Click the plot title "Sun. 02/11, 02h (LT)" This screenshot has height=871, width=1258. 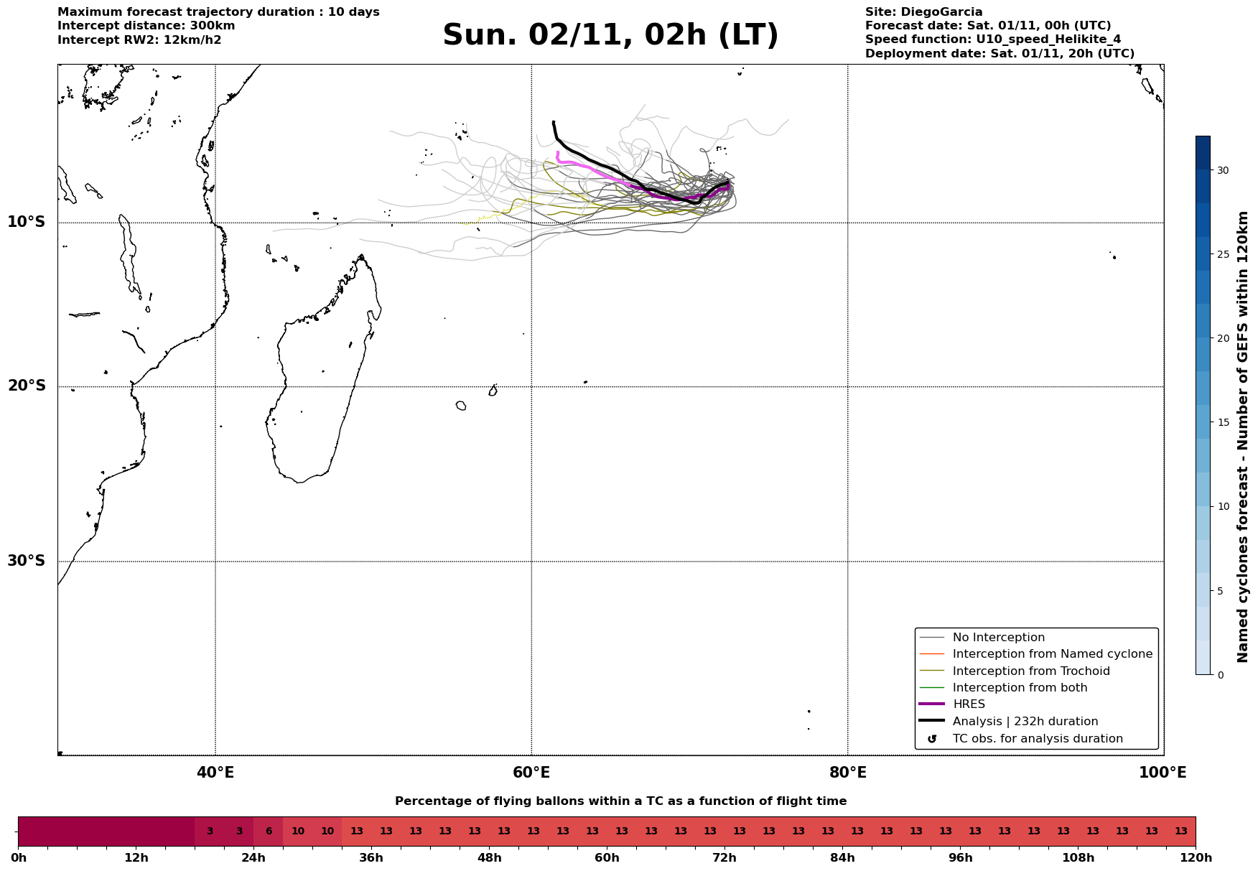tap(610, 35)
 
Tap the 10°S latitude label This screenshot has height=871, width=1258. tap(27, 222)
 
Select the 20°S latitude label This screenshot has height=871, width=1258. tap(27, 386)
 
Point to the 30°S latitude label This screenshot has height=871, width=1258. tap(27, 561)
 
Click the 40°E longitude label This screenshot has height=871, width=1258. tap(215, 773)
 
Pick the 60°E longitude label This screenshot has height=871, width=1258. tap(531, 773)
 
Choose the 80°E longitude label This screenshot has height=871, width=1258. tap(847, 773)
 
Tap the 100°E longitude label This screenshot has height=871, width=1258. tap(1163, 773)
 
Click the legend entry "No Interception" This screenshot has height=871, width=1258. tap(998, 638)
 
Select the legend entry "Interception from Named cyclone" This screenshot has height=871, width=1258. tap(1052, 654)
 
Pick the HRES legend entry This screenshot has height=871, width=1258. tap(969, 704)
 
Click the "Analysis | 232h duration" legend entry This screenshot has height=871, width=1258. tap(1025, 722)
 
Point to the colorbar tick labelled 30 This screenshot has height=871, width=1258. tap(1222, 170)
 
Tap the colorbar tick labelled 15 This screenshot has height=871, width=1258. tap(1222, 422)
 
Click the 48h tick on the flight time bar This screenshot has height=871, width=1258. tap(489, 857)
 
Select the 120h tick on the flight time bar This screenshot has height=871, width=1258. tap(1196, 857)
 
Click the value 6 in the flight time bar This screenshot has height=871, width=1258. tap(269, 832)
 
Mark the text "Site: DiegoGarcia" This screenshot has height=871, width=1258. tap(923, 12)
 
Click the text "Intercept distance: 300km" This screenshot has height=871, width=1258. tap(146, 26)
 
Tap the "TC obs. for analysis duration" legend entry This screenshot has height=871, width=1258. tap(1038, 739)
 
